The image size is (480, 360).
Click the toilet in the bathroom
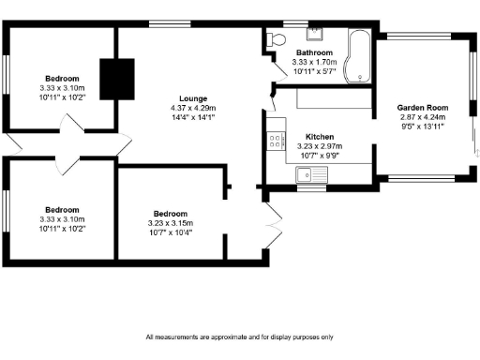pos(275,39)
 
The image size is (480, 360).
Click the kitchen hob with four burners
pos(277,142)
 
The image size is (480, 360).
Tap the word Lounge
pos(194,97)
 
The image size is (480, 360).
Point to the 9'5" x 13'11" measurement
pos(423,126)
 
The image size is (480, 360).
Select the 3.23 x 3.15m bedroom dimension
pos(171,223)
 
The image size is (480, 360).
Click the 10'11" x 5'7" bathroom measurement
pos(313,71)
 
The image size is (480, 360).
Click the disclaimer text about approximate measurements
pos(239,337)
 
